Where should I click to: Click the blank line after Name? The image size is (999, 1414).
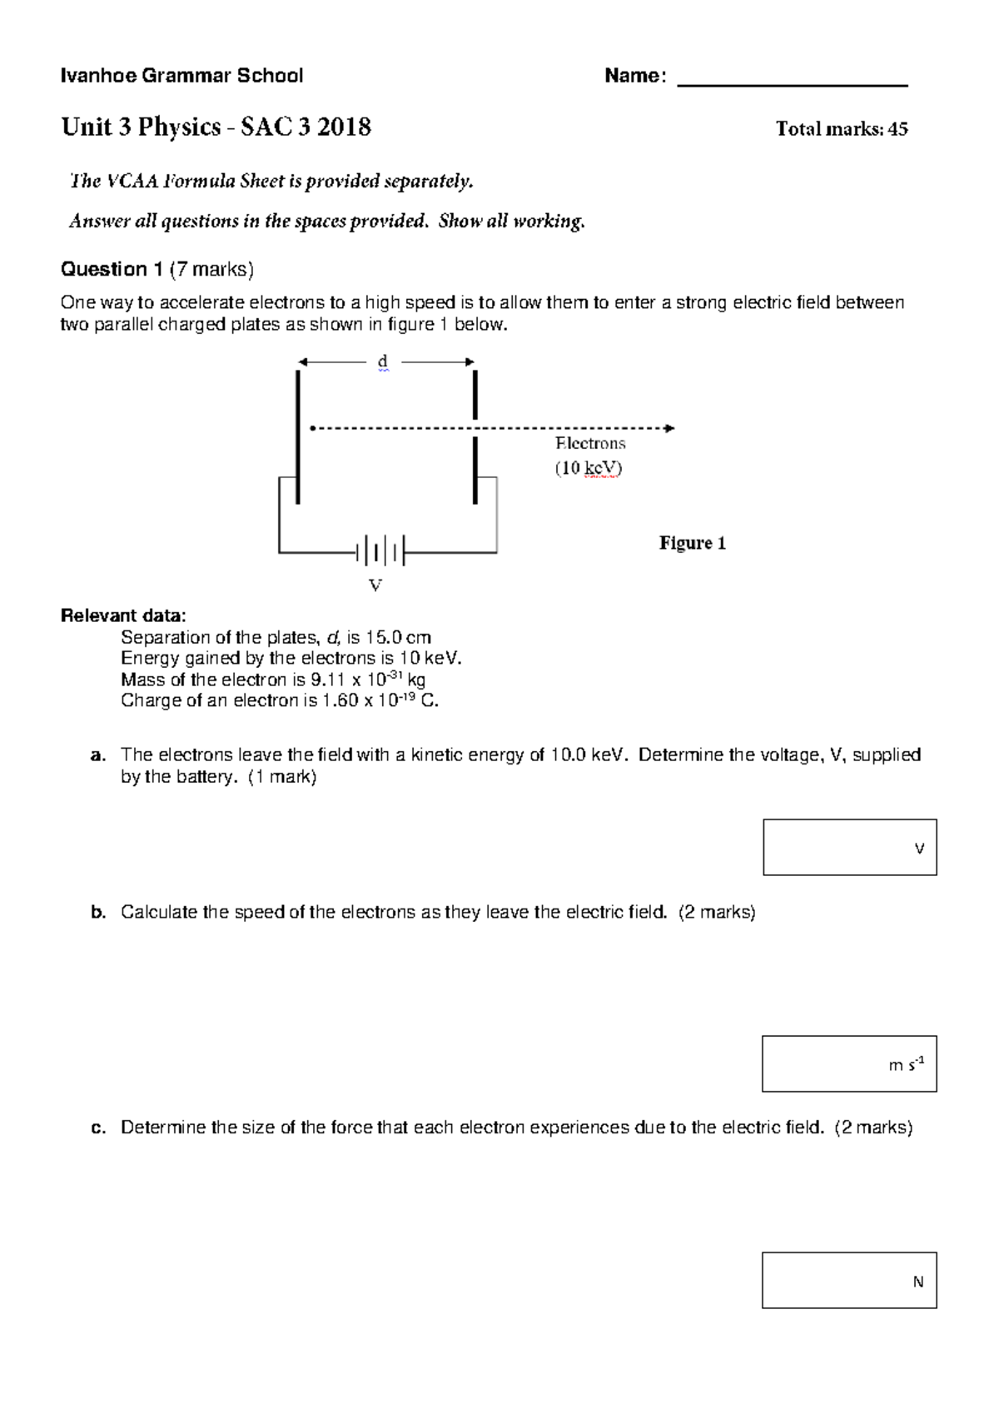tap(793, 83)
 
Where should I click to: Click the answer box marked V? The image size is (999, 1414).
tap(849, 847)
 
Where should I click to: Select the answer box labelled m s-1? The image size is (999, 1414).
tap(849, 1063)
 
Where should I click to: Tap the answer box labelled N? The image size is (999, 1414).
tap(849, 1280)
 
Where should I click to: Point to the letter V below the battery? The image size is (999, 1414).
tap(375, 586)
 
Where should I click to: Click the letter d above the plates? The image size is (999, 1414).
tap(382, 361)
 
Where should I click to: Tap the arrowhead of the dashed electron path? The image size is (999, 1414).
tap(669, 428)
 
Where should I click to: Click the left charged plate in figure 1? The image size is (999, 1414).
tap(297, 437)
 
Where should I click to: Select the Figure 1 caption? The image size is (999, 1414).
tap(693, 544)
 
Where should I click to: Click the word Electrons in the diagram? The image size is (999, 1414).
tap(590, 444)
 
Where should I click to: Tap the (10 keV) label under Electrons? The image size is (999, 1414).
tap(589, 468)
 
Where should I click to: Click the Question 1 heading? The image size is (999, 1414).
tap(112, 269)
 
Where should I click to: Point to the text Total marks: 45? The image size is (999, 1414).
tap(841, 129)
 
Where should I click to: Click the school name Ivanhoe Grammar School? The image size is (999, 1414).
tap(182, 77)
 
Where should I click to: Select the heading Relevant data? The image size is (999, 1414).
tap(124, 616)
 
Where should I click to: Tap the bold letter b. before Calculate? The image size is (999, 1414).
tap(98, 912)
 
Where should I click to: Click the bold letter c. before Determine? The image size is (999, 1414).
tap(98, 1128)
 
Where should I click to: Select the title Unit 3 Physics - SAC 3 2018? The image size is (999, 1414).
tap(216, 127)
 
